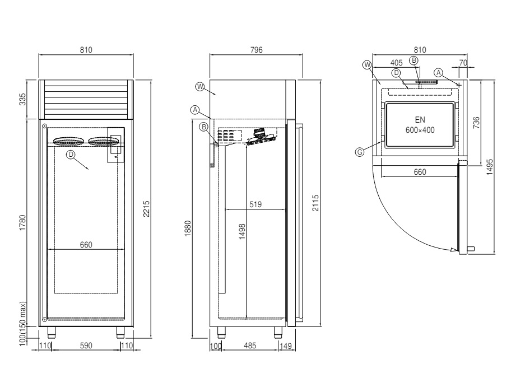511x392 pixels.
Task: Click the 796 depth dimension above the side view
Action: (x=256, y=50)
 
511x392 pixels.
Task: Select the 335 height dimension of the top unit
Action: (x=23, y=100)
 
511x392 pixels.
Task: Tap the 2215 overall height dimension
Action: (x=147, y=208)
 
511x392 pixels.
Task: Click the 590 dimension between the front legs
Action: (x=85, y=346)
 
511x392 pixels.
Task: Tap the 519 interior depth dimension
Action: (x=256, y=204)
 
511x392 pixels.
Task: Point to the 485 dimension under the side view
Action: (x=250, y=346)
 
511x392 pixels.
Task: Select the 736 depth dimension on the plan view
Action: (x=475, y=123)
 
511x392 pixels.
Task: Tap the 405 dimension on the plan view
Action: (x=398, y=63)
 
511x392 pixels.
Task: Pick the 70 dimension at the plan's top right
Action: (x=463, y=63)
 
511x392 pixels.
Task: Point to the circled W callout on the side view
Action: (x=199, y=87)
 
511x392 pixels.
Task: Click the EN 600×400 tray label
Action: (x=420, y=125)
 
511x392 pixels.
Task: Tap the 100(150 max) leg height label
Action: (x=23, y=325)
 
